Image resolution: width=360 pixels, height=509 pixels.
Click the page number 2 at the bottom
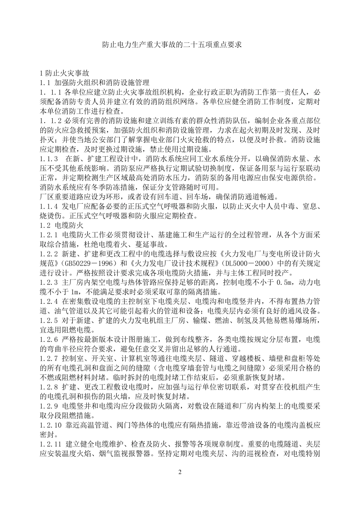click(x=180, y=472)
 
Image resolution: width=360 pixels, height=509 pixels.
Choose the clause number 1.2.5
click(x=49, y=320)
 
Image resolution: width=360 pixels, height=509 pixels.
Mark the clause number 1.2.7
click(x=49, y=358)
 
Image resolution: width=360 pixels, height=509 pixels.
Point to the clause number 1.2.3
click(x=49, y=283)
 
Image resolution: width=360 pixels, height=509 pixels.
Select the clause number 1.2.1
click(x=49, y=235)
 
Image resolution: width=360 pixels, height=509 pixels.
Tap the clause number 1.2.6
click(x=49, y=339)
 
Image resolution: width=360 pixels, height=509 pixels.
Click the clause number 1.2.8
click(x=49, y=387)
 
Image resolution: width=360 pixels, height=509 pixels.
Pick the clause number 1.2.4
click(x=49, y=302)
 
